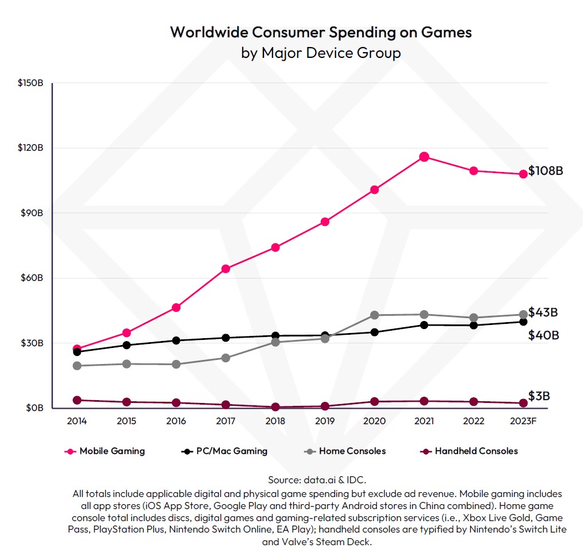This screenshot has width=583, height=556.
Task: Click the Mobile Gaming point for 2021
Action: pos(424,157)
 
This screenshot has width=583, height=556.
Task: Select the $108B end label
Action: pos(546,171)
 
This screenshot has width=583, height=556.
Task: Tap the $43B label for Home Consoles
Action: pos(543,312)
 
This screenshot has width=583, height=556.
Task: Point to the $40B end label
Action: pos(543,335)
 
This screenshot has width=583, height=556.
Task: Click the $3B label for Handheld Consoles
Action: pos(539,396)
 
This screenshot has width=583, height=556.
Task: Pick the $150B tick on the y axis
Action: pos(30,83)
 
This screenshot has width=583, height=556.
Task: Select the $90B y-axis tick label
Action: pos(32,213)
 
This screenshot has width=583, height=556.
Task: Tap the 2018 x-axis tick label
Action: pos(275,421)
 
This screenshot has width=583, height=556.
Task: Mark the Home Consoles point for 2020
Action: pos(375,315)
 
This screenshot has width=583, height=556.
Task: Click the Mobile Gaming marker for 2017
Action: pos(226,269)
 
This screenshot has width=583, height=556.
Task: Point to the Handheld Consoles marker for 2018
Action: pos(275,407)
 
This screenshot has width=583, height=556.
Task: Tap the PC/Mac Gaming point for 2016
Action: pos(176,340)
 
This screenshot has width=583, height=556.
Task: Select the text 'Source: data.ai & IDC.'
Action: pos(317,479)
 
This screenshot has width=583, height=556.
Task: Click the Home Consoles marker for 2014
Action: pos(77,366)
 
